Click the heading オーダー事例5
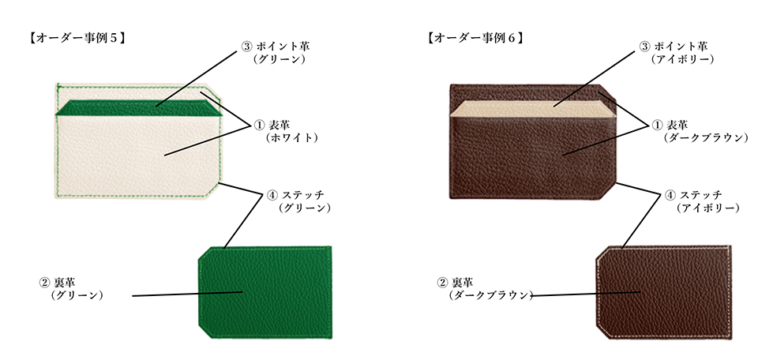(78, 38)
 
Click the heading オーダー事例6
(475, 38)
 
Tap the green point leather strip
(139, 108)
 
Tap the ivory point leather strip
(533, 109)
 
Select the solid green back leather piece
(265, 292)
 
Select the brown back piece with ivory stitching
(663, 292)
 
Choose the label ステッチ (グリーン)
(298, 201)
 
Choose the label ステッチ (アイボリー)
(703, 201)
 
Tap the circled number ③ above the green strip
(246, 47)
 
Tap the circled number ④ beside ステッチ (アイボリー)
(670, 195)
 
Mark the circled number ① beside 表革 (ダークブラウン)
(658, 125)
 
